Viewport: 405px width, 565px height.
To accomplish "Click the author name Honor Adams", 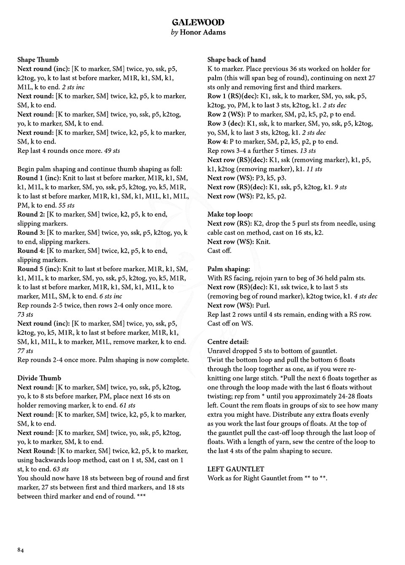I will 202,33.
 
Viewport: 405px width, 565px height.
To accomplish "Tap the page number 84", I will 21,550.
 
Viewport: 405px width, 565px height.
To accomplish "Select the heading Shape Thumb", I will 38,60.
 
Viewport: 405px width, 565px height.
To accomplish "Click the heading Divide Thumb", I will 39,378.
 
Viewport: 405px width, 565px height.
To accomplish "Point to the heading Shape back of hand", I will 236,60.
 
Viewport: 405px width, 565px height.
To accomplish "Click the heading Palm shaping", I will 228,269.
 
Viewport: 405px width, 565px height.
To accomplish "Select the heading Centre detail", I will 228,342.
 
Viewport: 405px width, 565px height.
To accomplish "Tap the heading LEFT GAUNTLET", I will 235,469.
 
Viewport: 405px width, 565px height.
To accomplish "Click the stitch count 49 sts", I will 112,151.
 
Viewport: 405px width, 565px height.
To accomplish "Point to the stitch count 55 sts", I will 66,206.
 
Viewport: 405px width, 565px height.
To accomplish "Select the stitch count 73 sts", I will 25,315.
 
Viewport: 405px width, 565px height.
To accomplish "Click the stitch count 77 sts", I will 25,351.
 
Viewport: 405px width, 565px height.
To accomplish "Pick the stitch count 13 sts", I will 308,151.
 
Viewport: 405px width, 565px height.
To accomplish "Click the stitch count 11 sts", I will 314,169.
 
